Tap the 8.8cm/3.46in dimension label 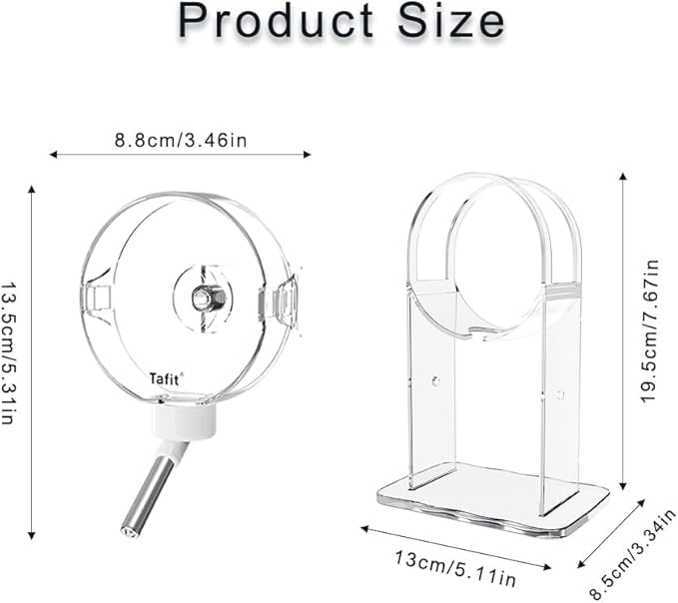180,139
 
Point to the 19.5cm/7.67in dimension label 651,330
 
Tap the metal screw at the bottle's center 204,297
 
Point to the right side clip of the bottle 279,301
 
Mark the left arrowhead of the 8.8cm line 53,155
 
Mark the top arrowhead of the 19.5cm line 623,176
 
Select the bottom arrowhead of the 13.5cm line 33,535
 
